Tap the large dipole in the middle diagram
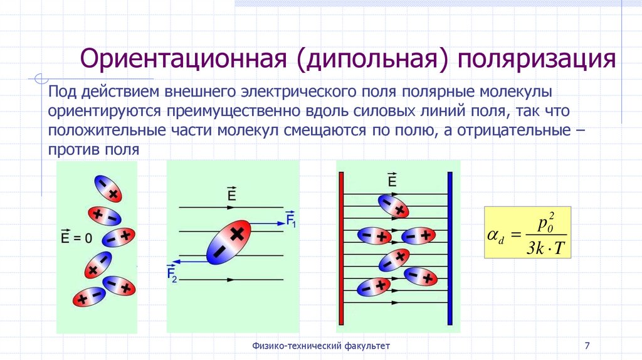tap(228, 243)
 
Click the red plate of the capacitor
tap(342, 248)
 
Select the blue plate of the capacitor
tap(450, 248)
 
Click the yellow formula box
tap(528, 232)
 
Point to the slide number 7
tap(587, 346)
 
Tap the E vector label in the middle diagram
tap(231, 195)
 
